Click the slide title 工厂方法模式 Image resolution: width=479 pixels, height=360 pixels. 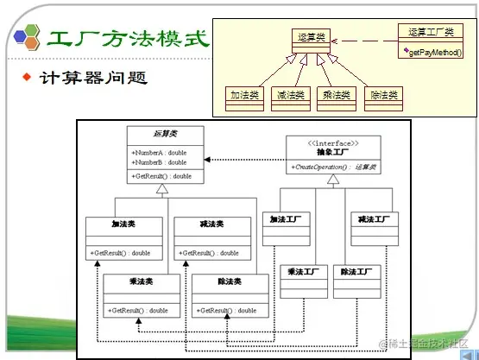tap(127, 39)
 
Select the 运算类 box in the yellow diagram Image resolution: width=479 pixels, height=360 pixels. tap(311, 38)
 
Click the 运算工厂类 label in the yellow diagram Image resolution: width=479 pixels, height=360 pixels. tap(431, 33)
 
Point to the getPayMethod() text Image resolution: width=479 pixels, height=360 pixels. tap(432, 52)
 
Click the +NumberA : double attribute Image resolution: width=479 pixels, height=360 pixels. tap(159, 153)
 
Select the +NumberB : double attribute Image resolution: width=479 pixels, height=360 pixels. tap(159, 162)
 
